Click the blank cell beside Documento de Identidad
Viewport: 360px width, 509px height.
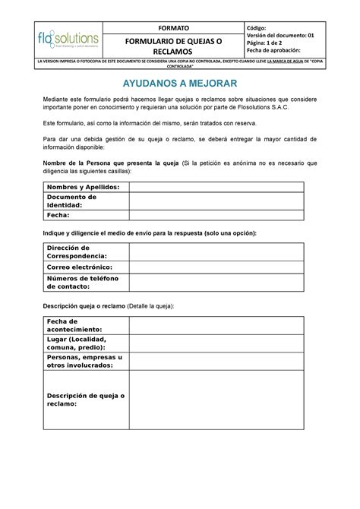[216, 201]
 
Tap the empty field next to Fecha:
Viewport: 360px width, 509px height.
[216, 214]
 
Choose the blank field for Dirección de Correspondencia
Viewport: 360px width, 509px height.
[216, 252]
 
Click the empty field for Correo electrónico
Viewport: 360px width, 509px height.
[216, 267]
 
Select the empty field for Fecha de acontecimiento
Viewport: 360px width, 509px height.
[216, 325]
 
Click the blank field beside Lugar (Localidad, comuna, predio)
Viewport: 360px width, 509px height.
[216, 343]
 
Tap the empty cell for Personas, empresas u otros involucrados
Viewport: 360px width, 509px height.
[216, 361]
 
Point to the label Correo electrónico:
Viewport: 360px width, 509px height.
[79, 267]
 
